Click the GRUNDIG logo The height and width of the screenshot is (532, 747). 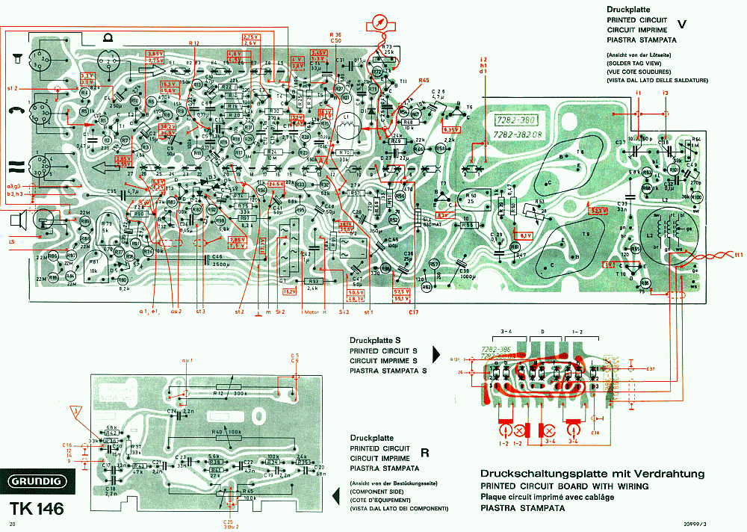[x=36, y=483]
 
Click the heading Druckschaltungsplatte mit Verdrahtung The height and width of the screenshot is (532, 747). [x=592, y=474]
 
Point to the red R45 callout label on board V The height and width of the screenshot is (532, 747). [x=424, y=81]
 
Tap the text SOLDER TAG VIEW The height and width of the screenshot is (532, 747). [x=633, y=64]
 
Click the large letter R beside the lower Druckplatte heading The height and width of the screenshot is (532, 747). [x=424, y=452]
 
